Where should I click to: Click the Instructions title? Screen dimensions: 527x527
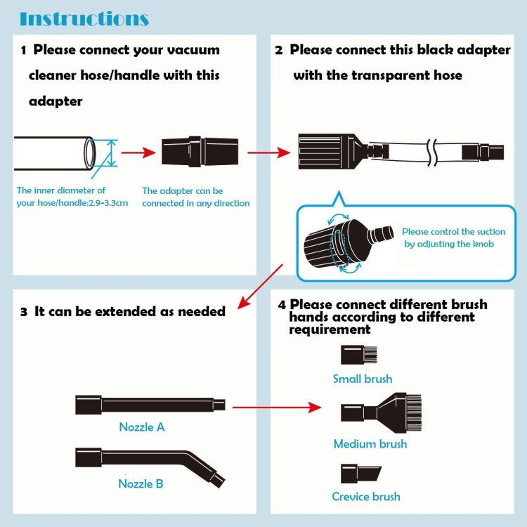click(x=84, y=19)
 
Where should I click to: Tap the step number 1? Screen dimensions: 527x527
click(x=24, y=51)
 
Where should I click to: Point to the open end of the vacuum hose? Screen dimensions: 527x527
click(x=89, y=152)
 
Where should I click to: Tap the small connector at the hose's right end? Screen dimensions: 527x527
click(x=491, y=150)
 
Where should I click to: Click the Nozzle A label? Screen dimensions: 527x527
click(x=141, y=427)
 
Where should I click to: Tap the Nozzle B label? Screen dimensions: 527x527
click(x=141, y=483)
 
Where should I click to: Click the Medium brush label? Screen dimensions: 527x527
click(x=370, y=444)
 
